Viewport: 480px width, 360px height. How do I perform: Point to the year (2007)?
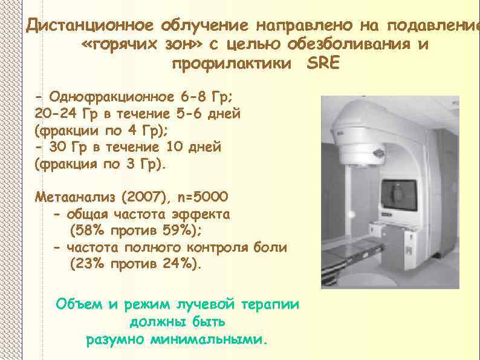[x=142, y=197]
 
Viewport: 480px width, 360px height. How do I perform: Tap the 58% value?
[x=88, y=231]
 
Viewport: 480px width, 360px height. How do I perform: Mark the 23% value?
[x=88, y=264]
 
